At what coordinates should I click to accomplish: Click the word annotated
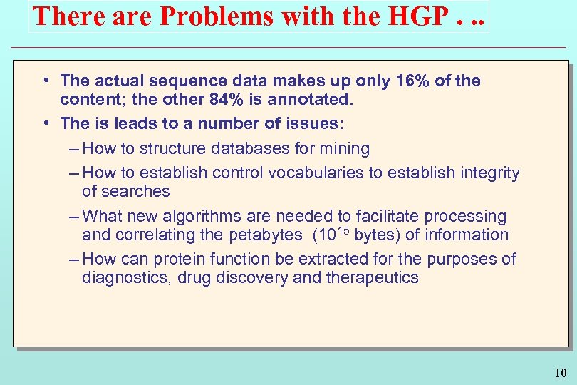(x=311, y=100)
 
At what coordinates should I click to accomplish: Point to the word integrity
(x=487, y=173)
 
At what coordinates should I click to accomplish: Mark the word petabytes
(x=269, y=235)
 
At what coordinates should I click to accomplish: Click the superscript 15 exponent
(x=343, y=230)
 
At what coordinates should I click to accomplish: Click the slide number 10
(x=560, y=373)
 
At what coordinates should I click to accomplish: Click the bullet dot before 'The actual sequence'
(x=45, y=81)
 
